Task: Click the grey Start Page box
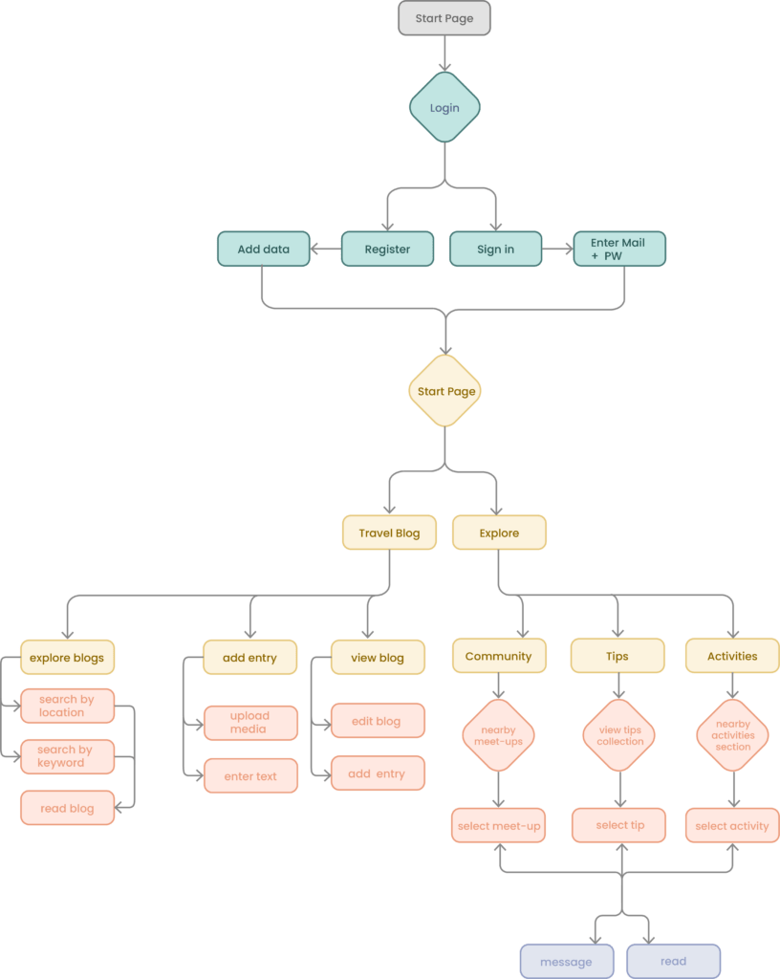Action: (x=444, y=18)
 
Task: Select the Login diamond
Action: (x=444, y=108)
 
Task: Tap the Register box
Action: (x=387, y=250)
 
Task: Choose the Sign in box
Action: (x=495, y=250)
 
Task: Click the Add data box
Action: (x=263, y=250)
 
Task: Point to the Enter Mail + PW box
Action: (x=618, y=250)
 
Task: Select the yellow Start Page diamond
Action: (x=445, y=391)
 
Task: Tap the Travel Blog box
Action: (x=389, y=533)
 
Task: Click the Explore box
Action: (x=499, y=533)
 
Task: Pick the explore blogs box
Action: (x=67, y=658)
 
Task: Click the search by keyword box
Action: (x=67, y=756)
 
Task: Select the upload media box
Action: (x=250, y=723)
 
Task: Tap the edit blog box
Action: (x=377, y=721)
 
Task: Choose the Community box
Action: (x=498, y=656)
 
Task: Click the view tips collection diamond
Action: (x=619, y=735)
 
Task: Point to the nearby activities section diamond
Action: (x=733, y=735)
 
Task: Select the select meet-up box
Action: (x=498, y=826)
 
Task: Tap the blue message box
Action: (x=566, y=962)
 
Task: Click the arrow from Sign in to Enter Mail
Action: (x=557, y=250)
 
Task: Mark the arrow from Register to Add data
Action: (x=327, y=250)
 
